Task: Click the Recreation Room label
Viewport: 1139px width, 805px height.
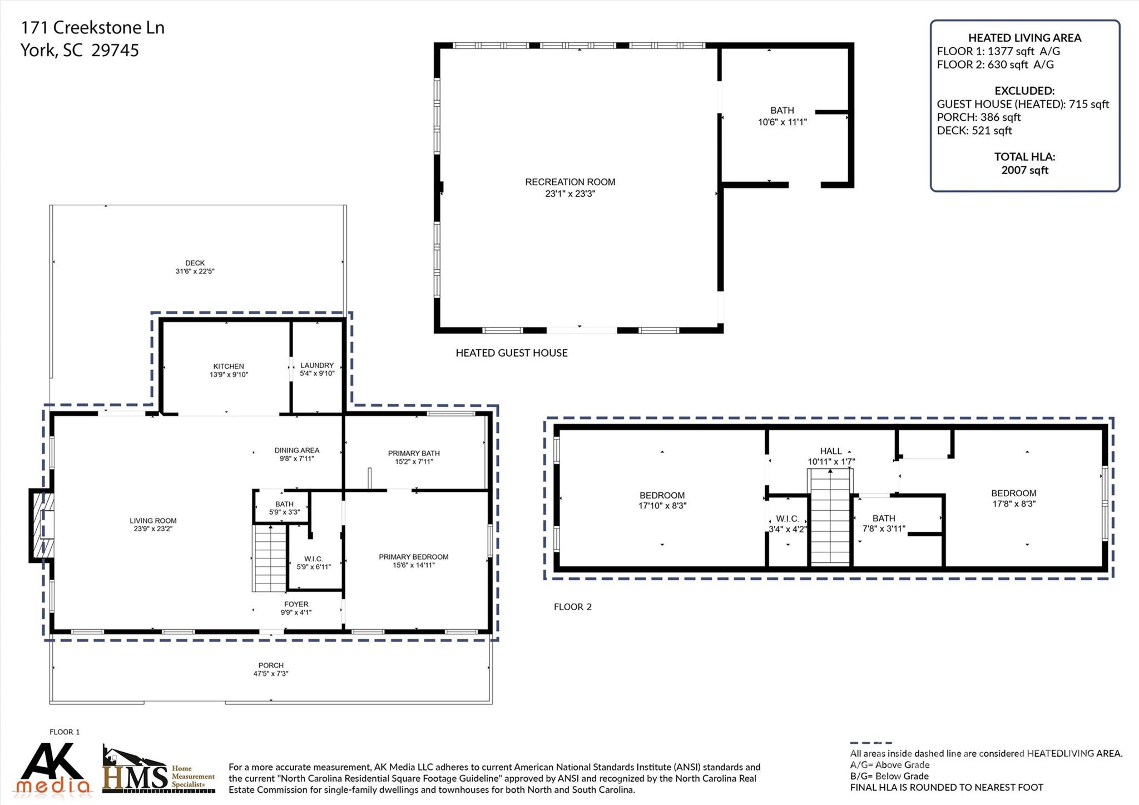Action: pos(570,182)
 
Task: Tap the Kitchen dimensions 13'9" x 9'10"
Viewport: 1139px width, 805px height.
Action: pos(229,375)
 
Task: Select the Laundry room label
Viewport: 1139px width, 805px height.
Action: pos(317,366)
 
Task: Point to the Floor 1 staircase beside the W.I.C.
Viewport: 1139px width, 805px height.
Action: pos(270,559)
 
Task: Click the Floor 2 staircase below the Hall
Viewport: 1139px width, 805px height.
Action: pos(830,517)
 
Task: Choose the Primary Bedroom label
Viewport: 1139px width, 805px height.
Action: pos(413,557)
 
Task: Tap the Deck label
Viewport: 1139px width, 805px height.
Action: pos(195,263)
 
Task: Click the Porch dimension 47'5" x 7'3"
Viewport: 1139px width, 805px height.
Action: pos(271,674)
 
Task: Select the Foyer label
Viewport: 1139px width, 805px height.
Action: pos(296,604)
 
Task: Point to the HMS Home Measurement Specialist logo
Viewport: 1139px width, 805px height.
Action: pos(159,771)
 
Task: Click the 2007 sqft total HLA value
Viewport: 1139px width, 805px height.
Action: pos(1024,170)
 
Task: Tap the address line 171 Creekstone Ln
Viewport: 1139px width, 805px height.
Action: pos(92,28)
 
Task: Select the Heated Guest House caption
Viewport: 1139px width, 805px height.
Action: pos(511,353)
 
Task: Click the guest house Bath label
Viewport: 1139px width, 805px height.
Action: pos(782,111)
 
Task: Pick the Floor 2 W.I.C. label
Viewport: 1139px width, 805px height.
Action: pos(787,518)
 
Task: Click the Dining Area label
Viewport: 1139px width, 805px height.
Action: pos(296,451)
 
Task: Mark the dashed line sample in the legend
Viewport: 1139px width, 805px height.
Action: pos(870,743)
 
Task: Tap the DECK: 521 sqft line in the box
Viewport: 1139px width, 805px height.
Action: pos(974,131)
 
